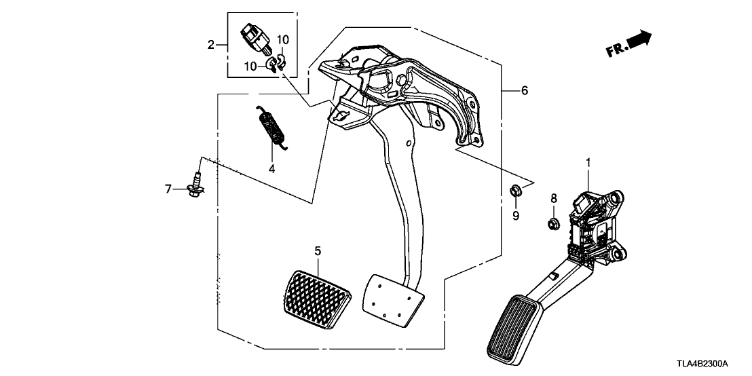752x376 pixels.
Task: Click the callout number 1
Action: (588, 163)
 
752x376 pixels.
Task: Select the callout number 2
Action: (211, 45)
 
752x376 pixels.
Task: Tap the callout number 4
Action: (271, 168)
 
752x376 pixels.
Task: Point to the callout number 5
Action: (316, 252)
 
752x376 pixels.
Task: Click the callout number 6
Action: (524, 90)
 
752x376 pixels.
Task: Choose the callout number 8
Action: (553, 198)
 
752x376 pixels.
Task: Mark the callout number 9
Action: (515, 216)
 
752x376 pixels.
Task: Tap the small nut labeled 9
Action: (515, 191)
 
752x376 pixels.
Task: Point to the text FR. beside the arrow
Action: (615, 50)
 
